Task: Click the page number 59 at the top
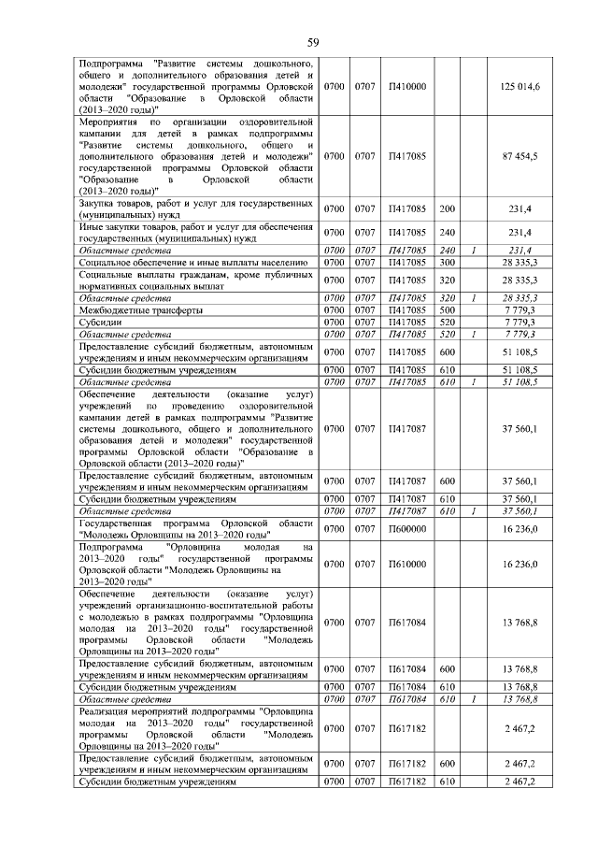tap(314, 42)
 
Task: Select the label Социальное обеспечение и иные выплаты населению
tap(187, 263)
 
